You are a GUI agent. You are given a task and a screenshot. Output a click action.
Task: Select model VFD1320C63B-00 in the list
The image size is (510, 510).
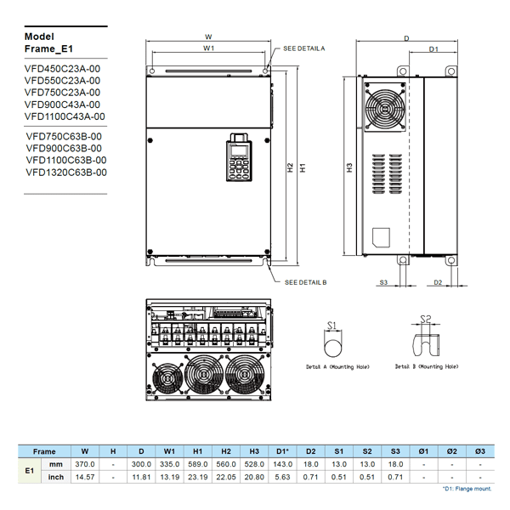[x=66, y=172]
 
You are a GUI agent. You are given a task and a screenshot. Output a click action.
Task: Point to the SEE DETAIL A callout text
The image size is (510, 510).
[x=304, y=49]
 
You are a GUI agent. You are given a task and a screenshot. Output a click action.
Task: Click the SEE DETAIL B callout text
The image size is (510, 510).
[x=305, y=281]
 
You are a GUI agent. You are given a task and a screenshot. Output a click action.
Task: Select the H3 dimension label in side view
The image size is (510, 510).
[x=349, y=168]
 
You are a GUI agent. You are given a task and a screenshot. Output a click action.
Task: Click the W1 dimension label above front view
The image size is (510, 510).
[x=208, y=49]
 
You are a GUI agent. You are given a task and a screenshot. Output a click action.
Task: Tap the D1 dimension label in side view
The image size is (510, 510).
[x=433, y=50]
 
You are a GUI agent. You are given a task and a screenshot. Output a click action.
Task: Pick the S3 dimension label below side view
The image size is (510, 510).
[x=383, y=281]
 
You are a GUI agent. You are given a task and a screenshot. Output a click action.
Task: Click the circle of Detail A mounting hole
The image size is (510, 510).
[x=332, y=346]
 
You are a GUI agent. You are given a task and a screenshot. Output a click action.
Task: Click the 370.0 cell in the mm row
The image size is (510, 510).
[x=85, y=464]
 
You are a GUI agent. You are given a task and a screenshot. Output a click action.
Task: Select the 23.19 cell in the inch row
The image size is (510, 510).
[x=197, y=477]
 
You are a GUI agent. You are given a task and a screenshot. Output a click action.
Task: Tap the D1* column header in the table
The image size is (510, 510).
[x=283, y=451]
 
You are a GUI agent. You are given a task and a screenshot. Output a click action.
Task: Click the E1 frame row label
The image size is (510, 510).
[x=29, y=470]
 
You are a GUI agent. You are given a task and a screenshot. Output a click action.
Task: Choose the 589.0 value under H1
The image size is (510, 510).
[x=197, y=464]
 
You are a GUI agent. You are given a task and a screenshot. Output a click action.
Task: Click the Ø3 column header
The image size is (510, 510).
[x=480, y=451]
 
